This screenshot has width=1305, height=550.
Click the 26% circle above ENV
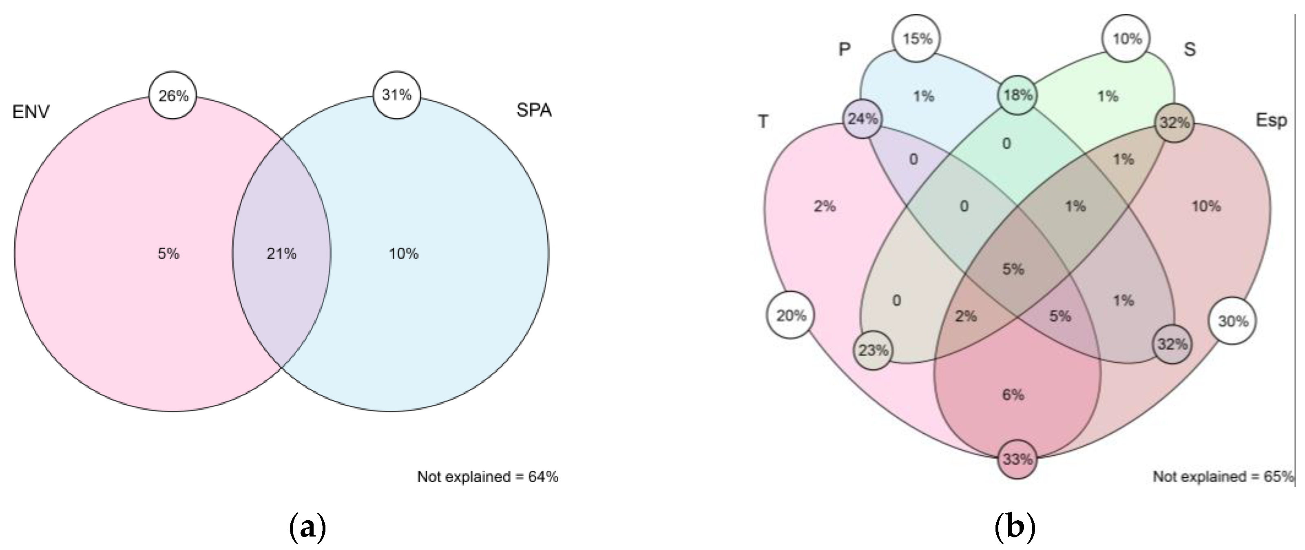[173, 95]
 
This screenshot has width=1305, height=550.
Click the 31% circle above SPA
[397, 95]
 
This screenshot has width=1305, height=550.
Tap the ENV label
[31, 111]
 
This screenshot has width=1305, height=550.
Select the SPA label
[534, 110]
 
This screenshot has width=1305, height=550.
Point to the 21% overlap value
[282, 253]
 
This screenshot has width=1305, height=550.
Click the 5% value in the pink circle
[168, 253]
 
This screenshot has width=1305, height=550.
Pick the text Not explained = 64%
[487, 477]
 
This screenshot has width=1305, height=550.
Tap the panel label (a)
[307, 528]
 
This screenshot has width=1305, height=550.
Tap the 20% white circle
[791, 316]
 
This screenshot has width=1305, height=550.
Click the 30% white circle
[1232, 321]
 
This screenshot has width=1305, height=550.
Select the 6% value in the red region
[1013, 395]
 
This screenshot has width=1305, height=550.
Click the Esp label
[1271, 121]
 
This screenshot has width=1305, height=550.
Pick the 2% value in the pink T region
[825, 206]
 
